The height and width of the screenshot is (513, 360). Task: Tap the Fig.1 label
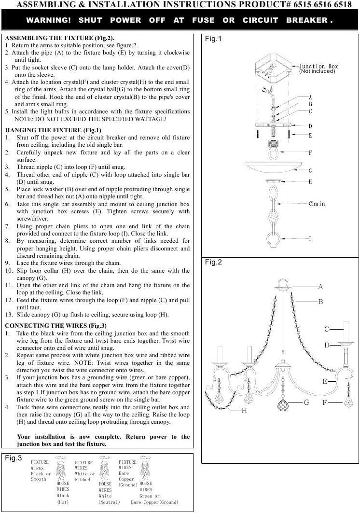[x=213, y=39]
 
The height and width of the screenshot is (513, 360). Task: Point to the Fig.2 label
[x=213, y=263]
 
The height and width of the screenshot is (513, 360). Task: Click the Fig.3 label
[x=14, y=458]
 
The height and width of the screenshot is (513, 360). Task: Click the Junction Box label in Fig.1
[x=318, y=66]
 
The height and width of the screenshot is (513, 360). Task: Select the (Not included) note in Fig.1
[x=317, y=71]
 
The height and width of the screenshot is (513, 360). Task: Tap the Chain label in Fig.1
[x=317, y=204]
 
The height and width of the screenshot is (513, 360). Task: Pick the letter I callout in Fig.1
[x=310, y=239]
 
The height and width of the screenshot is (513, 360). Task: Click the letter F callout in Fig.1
[x=310, y=153]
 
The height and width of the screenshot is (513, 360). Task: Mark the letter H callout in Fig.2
[x=244, y=410]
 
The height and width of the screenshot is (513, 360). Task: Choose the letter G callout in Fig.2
[x=306, y=402]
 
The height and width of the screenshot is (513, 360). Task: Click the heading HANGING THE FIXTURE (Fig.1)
[x=53, y=130]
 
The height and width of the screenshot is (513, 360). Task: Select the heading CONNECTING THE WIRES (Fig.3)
[x=56, y=325]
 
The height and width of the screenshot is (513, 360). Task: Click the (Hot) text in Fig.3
[x=63, y=502]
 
